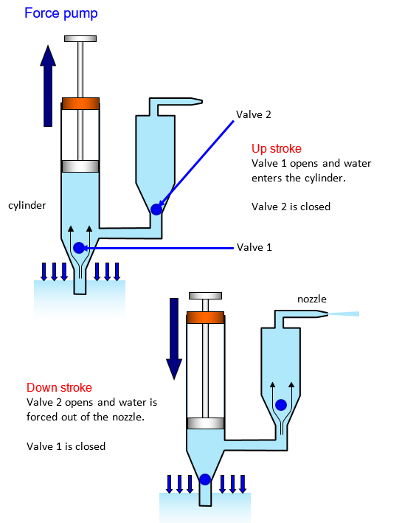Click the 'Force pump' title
coord(61,14)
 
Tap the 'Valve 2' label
coord(254,114)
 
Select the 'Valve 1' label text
coord(254,247)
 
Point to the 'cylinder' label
coord(27,205)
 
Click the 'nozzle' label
coord(312,299)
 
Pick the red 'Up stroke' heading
coord(277,148)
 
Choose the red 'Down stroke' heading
coord(59,387)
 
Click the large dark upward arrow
coord(48,86)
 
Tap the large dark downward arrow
coord(174,339)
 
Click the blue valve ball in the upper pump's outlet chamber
coord(156,209)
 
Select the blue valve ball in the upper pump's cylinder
coord(79,248)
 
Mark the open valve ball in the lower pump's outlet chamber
coord(281,405)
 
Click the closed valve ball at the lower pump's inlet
coord(205,479)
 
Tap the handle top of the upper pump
coord(80,38)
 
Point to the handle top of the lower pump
coord(205,296)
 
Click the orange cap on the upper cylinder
coord(80,104)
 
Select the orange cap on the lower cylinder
coord(205,317)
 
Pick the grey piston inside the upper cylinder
coord(80,167)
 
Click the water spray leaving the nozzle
coord(343,314)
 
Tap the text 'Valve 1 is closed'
coord(66,446)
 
